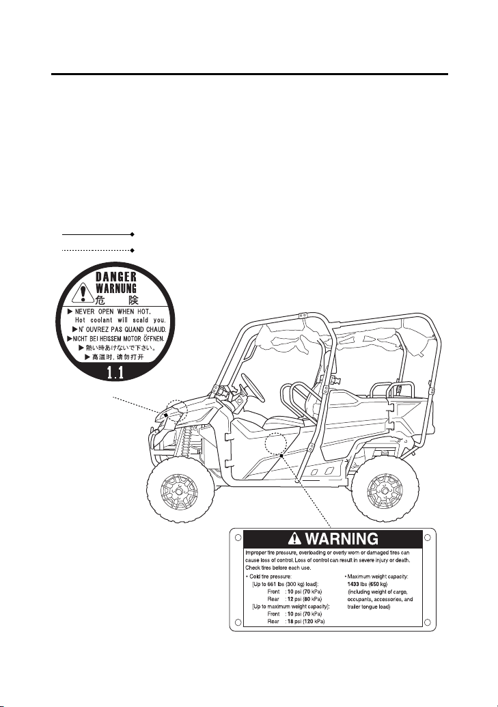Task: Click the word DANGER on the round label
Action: coord(116,277)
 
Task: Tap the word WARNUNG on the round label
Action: coord(116,288)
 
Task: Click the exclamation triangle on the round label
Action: coord(83,292)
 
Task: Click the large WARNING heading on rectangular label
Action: coord(342,538)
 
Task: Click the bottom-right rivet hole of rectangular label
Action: coord(427,623)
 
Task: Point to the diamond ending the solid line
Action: coord(132,234)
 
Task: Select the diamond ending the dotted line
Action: coord(132,249)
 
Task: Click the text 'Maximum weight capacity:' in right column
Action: coord(376,577)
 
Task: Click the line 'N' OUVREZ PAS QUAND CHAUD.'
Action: coord(119,329)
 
